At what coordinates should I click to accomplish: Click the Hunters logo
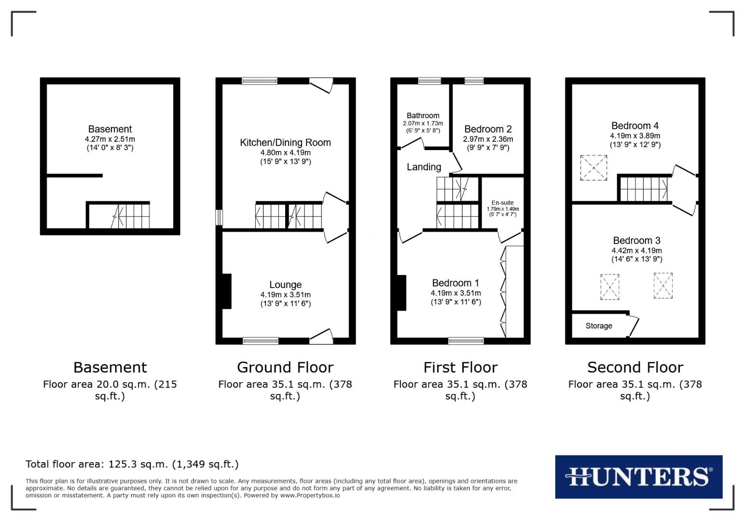click(638, 477)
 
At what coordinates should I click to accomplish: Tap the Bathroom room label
click(423, 116)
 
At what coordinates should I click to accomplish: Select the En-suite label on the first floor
click(502, 203)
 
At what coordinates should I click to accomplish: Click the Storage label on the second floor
click(599, 326)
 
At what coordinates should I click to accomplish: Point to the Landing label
click(424, 167)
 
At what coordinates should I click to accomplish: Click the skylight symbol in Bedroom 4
click(593, 168)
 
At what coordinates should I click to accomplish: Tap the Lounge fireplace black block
click(226, 291)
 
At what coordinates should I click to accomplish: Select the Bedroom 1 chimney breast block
click(401, 292)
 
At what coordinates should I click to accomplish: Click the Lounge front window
click(261, 341)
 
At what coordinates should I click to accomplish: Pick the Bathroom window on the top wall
click(429, 81)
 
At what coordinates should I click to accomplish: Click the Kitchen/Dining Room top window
click(260, 81)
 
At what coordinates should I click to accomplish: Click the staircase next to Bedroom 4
click(644, 189)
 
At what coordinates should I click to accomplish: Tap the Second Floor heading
click(635, 368)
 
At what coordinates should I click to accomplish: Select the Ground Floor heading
click(285, 368)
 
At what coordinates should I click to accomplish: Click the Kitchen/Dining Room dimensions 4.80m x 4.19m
click(285, 152)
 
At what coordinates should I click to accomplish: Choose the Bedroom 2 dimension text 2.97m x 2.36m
click(488, 139)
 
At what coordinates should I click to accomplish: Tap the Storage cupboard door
click(634, 327)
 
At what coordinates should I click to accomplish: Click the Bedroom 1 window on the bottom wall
click(466, 341)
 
